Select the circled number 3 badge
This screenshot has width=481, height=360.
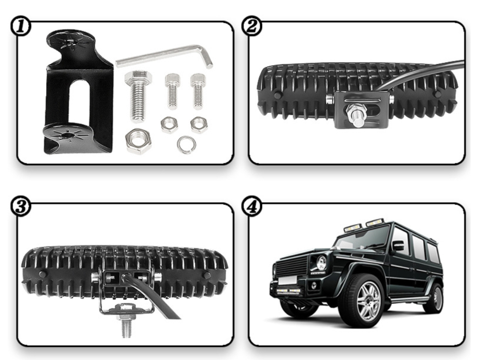point(20,206)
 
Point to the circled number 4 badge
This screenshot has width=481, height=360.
point(252,206)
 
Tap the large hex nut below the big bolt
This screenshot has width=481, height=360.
point(138,141)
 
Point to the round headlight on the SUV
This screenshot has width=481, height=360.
point(321,263)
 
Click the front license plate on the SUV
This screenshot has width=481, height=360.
point(287,280)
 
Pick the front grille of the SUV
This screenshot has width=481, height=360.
point(292,266)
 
